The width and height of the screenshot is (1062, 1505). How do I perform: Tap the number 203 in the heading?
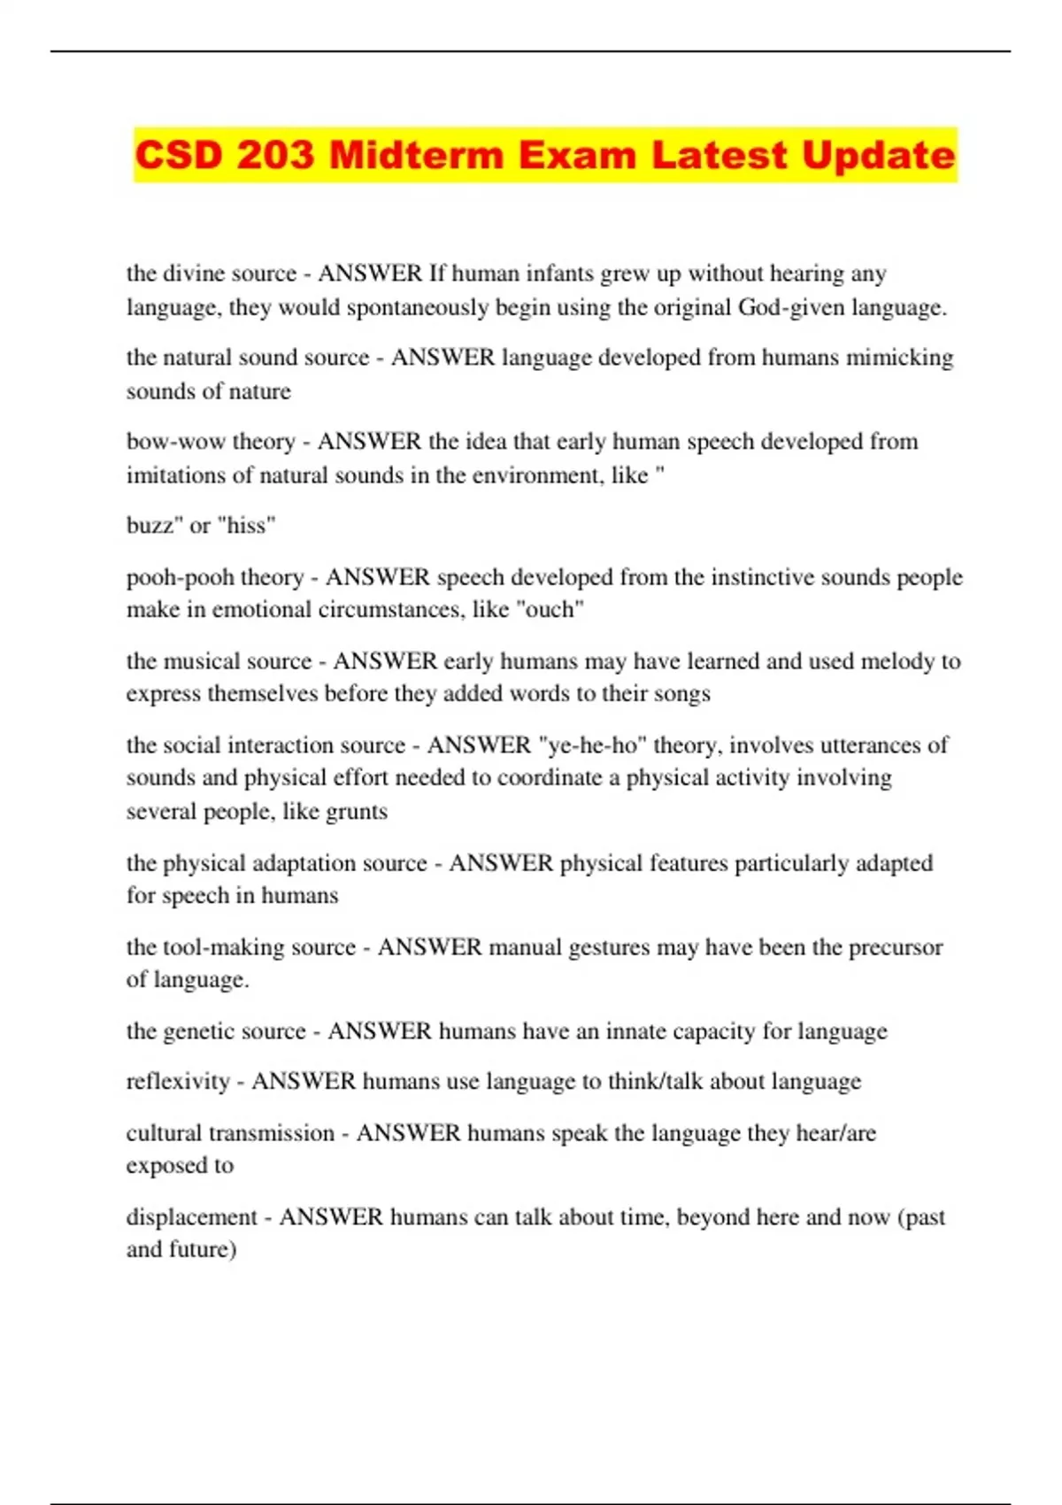click(x=275, y=155)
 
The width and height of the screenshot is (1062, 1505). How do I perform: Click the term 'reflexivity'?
click(x=178, y=1081)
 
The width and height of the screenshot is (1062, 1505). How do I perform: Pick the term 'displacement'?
click(x=192, y=1216)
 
